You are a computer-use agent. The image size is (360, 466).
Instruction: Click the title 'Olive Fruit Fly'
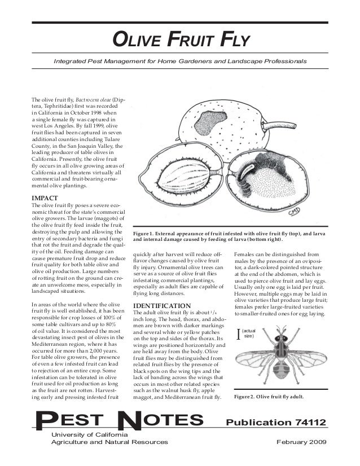coord(180,39)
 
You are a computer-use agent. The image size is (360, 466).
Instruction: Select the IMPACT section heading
coord(47,199)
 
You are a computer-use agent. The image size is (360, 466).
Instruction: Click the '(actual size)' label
coord(248,333)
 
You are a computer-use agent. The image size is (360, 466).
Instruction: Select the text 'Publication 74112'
coord(275,423)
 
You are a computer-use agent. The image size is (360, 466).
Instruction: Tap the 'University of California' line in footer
coord(90,434)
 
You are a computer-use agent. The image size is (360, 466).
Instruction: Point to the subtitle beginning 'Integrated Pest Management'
coord(180,60)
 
